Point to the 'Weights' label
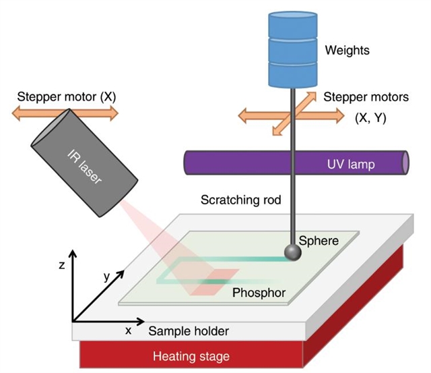click(x=347, y=50)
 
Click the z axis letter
click(x=61, y=266)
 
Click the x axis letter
click(x=128, y=330)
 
